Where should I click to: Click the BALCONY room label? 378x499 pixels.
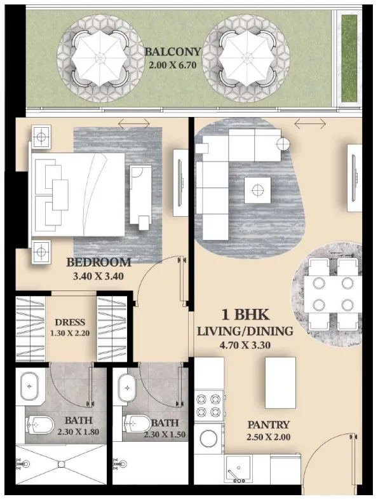click(173, 51)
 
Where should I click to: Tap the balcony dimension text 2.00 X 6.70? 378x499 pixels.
click(172, 65)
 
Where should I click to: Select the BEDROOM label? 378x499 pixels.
click(98, 263)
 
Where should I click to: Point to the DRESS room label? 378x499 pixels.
click(70, 322)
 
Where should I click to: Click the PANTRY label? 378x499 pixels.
click(269, 425)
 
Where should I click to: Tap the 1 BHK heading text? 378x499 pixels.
click(245, 315)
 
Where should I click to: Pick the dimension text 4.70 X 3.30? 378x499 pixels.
click(245, 345)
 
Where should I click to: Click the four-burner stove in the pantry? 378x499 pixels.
click(209, 405)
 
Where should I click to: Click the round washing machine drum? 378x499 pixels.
click(208, 439)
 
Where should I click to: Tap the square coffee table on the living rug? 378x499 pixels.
click(257, 190)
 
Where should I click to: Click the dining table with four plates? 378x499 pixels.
click(333, 294)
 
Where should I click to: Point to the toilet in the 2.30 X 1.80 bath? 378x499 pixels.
click(39, 425)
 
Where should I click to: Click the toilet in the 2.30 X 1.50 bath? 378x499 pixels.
click(137, 423)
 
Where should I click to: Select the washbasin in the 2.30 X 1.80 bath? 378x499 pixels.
click(29, 386)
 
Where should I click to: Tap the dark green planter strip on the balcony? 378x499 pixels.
click(349, 58)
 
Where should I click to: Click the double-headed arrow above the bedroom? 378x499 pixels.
click(133, 123)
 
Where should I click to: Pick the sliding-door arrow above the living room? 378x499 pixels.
click(310, 123)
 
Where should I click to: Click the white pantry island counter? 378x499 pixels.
click(280, 383)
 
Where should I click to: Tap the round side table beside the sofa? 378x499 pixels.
click(283, 144)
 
